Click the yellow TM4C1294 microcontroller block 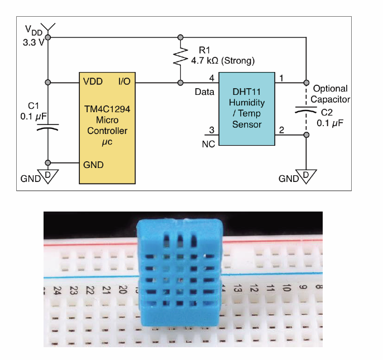pyautogui.click(x=107, y=128)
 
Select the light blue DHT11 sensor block pyautogui.click(x=246, y=109)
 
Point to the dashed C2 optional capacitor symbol pyautogui.click(x=305, y=110)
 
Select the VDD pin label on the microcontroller pyautogui.click(x=93, y=82)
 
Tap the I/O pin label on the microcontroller pyautogui.click(x=124, y=82)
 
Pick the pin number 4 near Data pyautogui.click(x=212, y=78)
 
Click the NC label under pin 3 pyautogui.click(x=208, y=143)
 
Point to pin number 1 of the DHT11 pyautogui.click(x=282, y=78)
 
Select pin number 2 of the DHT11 pyautogui.click(x=282, y=130)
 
